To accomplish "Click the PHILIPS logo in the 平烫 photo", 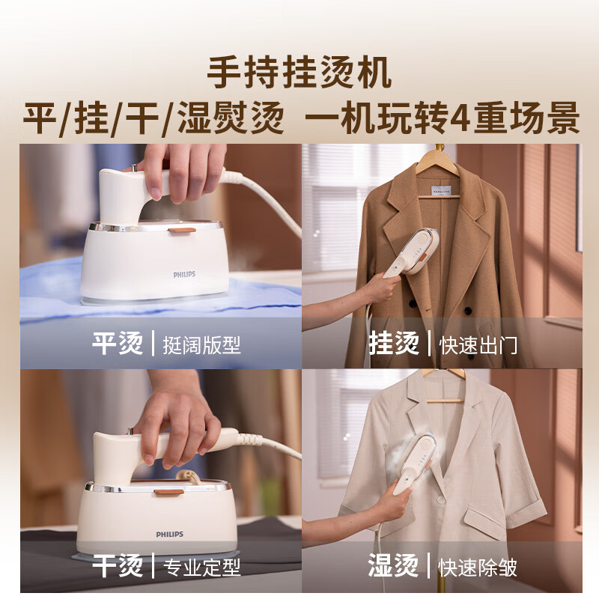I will click(184, 275).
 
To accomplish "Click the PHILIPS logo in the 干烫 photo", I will click(169, 534).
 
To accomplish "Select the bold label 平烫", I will click(118, 344).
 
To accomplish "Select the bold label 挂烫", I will click(394, 344).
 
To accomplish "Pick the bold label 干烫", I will click(118, 565).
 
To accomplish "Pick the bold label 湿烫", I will click(394, 565).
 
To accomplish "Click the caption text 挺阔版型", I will click(202, 345).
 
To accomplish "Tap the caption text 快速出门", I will click(479, 345).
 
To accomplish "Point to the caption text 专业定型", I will click(202, 567).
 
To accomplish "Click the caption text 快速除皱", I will click(479, 567).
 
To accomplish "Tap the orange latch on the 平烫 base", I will click(177, 231).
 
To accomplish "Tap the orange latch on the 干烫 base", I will click(171, 492).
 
